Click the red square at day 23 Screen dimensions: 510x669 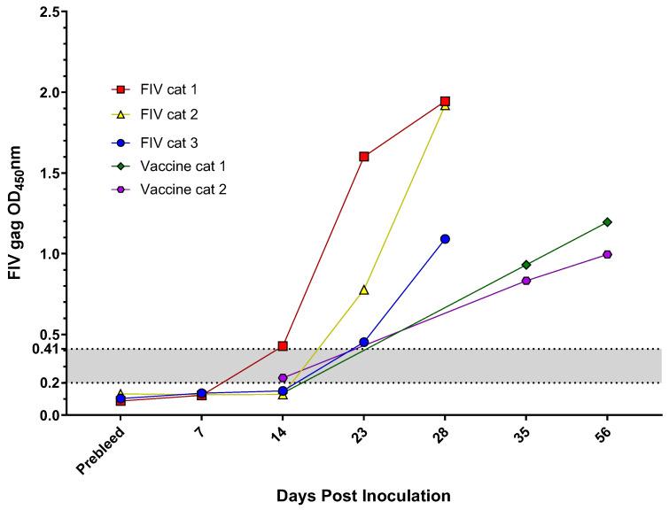pos(363,157)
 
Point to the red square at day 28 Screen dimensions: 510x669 pos(445,102)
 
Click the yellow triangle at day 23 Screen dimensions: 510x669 pos(363,290)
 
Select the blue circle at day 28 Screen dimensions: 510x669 pos(445,239)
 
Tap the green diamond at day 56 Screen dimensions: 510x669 pos(607,222)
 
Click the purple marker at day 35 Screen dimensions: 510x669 pos(526,281)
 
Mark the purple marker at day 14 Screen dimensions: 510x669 pos(283,378)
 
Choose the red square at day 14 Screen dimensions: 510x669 pos(283,346)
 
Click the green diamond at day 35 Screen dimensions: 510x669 pos(526,265)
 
